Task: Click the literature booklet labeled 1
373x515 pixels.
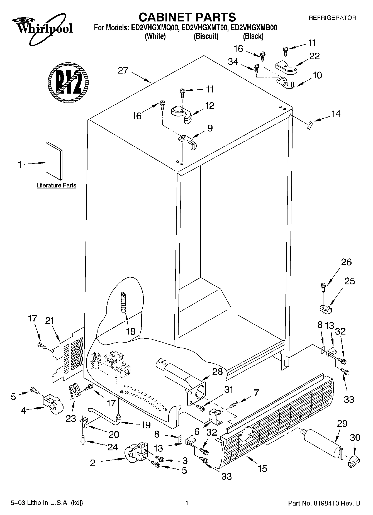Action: (54, 161)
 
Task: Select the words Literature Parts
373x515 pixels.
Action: (56, 186)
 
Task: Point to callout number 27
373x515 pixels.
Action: (123, 70)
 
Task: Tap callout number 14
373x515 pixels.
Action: (336, 114)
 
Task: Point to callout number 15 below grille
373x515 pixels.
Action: (262, 468)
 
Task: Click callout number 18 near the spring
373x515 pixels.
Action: (130, 331)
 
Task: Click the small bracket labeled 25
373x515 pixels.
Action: (324, 309)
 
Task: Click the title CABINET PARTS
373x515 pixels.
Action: (187, 17)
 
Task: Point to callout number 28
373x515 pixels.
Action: (218, 372)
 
